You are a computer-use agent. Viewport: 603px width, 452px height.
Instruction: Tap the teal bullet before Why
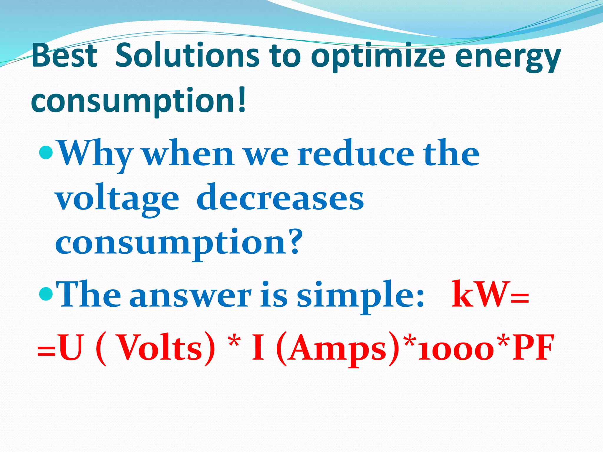(46, 152)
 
